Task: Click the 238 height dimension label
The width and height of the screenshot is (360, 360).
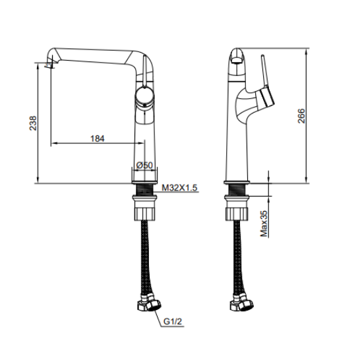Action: [x=33, y=123]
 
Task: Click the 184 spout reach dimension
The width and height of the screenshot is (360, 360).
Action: [x=98, y=138]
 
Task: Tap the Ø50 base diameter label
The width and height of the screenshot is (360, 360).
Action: [x=144, y=165]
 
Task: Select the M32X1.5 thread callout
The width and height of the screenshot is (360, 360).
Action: [x=179, y=187]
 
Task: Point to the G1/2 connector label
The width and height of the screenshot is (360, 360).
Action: [x=173, y=321]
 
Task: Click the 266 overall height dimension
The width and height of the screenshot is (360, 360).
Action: [x=301, y=116]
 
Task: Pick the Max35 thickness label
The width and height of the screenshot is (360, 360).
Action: [x=264, y=224]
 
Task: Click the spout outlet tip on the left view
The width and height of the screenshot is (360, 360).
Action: [x=49, y=65]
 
